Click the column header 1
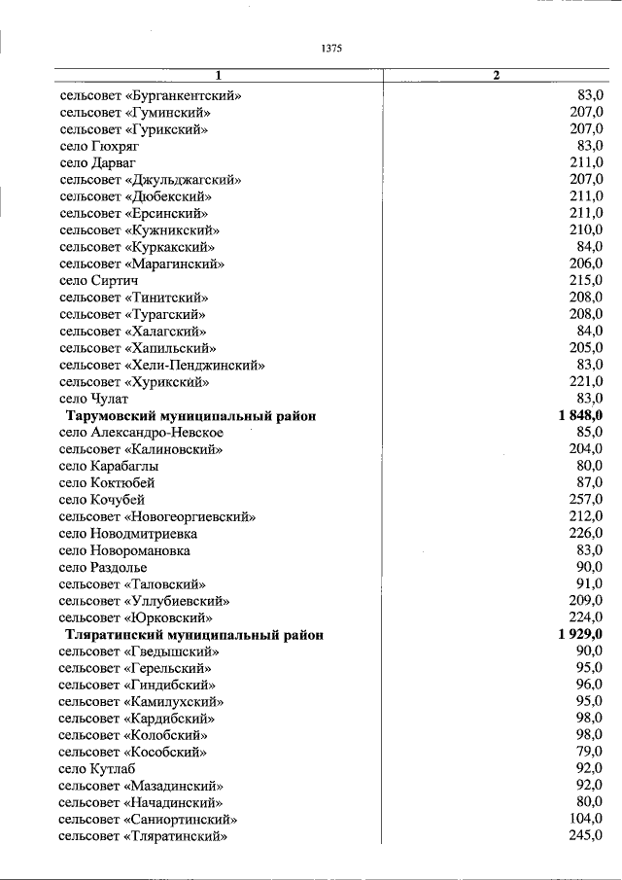219,77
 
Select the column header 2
496,77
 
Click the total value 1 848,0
580,415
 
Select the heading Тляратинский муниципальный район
194,634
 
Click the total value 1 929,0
580,634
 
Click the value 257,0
585,499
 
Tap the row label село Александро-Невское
141,432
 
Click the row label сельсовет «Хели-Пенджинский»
161,365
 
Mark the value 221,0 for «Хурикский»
585,381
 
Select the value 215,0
585,280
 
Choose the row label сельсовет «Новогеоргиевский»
156,516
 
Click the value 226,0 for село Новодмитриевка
585,533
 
